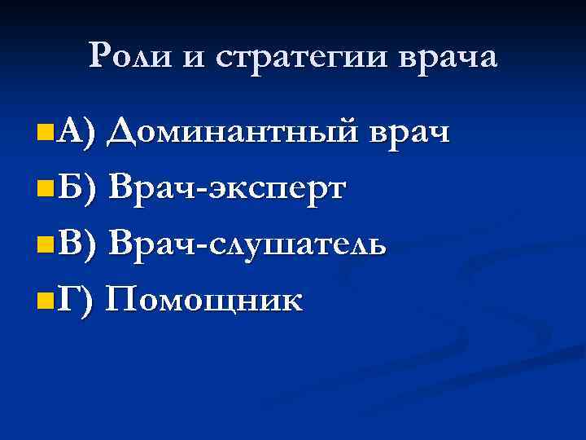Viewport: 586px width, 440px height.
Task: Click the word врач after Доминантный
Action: pyautogui.click(x=409, y=131)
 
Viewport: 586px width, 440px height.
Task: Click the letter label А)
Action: pyautogui.click(x=78, y=131)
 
